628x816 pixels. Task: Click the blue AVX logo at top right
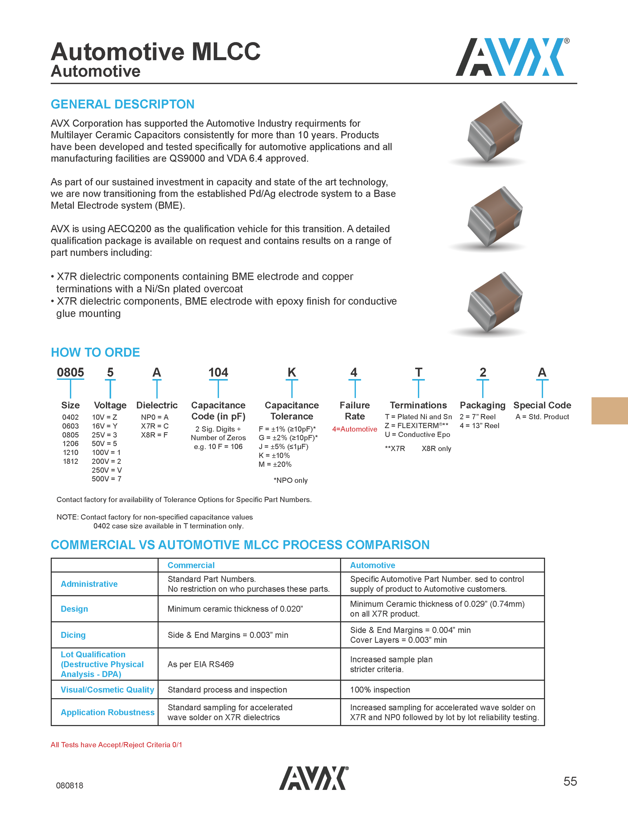512,57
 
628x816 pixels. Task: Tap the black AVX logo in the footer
314,778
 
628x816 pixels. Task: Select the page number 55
570,781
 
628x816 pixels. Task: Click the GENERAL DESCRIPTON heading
122,104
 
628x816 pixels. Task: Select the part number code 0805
70,372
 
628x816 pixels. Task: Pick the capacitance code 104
218,372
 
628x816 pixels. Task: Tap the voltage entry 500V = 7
106,479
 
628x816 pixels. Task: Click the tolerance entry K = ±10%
274,455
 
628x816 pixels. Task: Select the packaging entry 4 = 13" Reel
479,426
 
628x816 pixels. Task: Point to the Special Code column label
542,406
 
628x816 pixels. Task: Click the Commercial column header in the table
191,565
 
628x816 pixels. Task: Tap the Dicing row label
73,635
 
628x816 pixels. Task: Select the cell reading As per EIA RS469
201,664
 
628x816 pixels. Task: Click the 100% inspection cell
380,690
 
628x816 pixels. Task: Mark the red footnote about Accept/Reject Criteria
116,745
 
